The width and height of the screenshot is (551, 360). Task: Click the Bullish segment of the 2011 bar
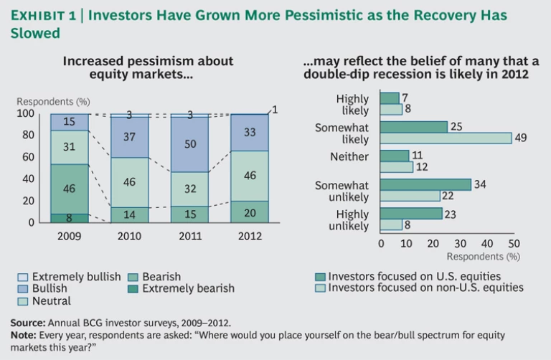[x=189, y=144]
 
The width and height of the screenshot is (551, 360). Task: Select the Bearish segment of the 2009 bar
[x=70, y=189]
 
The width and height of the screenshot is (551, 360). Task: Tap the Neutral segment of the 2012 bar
[x=249, y=176]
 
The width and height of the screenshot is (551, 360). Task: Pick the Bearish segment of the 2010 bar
[x=129, y=214]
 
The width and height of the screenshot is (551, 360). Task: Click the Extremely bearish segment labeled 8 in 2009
[x=70, y=218]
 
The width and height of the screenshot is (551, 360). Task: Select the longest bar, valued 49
[x=445, y=138]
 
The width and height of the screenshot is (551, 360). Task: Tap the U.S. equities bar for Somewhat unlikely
[x=425, y=185]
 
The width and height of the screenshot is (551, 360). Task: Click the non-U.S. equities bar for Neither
[x=396, y=166]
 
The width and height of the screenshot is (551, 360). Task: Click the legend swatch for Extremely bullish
[x=23, y=277]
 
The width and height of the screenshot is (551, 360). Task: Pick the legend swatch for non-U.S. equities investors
[x=321, y=288]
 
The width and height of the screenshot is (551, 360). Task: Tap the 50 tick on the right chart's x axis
[x=512, y=243]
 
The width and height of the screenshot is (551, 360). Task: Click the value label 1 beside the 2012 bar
[x=274, y=109]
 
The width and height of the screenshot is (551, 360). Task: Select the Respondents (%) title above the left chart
[x=53, y=101]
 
